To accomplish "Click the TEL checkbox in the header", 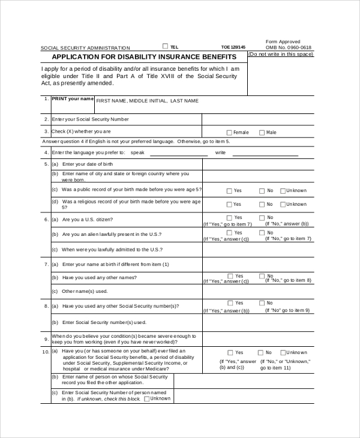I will coord(166,46).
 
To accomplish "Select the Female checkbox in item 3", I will coord(229,133).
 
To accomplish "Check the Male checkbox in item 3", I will coord(262,133).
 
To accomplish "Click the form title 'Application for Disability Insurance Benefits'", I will coord(144,57).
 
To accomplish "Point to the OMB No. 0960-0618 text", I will coord(289,47).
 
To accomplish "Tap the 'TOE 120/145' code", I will coord(233,47).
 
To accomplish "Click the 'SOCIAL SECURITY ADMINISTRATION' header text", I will coord(85,48).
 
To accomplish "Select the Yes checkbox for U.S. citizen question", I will coord(229,218).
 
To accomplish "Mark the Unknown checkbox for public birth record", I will coord(282,191).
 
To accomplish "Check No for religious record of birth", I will coord(262,205).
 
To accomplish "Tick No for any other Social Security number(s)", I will coord(262,304).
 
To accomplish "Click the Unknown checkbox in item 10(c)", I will coord(146,398).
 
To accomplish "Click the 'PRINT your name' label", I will coord(73,98).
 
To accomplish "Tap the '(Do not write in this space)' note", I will coord(280,54).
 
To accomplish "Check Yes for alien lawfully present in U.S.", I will coord(229,232).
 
